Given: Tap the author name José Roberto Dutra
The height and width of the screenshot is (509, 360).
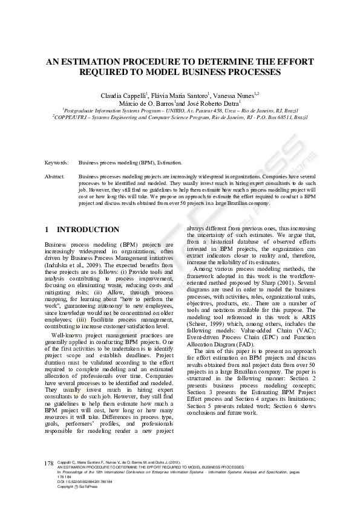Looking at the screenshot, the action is (x=216, y=103).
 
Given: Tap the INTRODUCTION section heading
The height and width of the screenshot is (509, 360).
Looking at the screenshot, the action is (x=88, y=230).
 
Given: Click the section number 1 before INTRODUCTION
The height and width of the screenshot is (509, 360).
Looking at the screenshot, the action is (x=48, y=230).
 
